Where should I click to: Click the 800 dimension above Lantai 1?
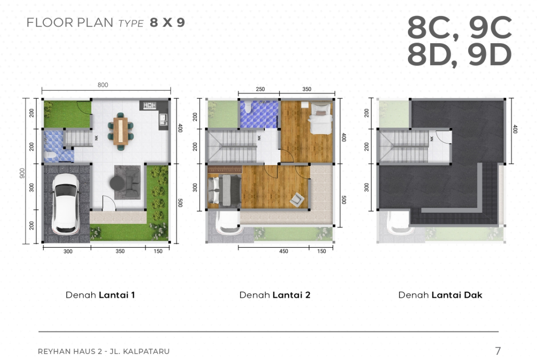pos(103,85)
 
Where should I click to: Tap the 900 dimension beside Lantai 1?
pos(22,173)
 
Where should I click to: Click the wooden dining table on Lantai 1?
pos(121,131)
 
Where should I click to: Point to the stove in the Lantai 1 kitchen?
pos(150,105)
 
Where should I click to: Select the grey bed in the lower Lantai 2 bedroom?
pos(224,190)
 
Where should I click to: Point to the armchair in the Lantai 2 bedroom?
pos(297,200)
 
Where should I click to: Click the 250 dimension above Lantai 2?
pos(260,89)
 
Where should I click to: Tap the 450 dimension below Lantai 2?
pos(284,251)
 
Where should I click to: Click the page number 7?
pos(498,351)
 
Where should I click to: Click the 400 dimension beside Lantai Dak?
pos(515,129)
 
